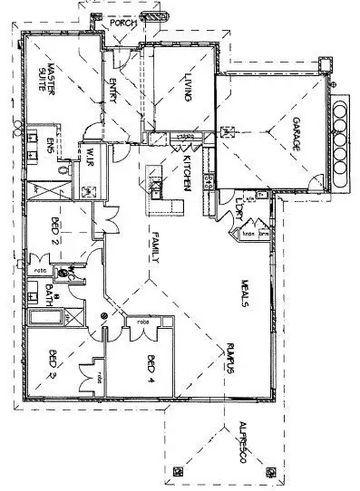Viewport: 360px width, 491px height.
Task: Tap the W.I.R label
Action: pyautogui.click(x=91, y=165)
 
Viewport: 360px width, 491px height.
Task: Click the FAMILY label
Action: pyautogui.click(x=155, y=245)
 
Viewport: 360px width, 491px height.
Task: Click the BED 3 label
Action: pyautogui.click(x=53, y=361)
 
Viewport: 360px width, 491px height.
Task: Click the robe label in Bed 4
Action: pyautogui.click(x=143, y=322)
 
